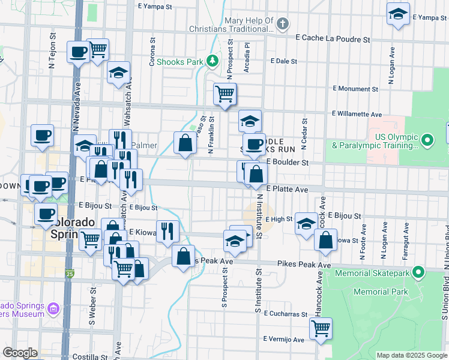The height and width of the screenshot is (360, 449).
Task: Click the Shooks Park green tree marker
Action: tap(211, 61)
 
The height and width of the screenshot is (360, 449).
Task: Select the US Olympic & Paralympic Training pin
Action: tap(427, 140)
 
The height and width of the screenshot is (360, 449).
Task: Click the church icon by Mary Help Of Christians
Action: tap(283, 25)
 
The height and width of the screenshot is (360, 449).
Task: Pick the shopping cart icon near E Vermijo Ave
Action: tap(321, 328)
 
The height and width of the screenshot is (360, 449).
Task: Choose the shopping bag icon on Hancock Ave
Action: tap(325, 240)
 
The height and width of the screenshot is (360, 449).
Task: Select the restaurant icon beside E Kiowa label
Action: tap(167, 230)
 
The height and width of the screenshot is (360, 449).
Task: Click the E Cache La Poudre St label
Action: tap(333, 38)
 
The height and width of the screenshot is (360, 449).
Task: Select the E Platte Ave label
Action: tap(287, 189)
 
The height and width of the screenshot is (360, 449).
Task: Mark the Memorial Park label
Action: tap(381, 292)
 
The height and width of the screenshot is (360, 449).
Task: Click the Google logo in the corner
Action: tap(20, 353)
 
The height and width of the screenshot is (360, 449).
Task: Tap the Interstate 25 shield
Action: tap(70, 274)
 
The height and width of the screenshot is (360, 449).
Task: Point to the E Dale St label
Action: tap(284, 61)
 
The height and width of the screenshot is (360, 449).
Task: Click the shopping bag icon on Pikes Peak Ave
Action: tap(183, 255)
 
